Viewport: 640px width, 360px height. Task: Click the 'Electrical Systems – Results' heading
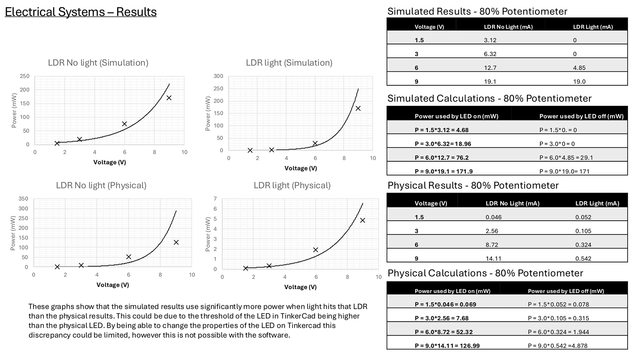coord(81,12)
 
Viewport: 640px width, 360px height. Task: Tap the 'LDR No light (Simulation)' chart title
coord(98,63)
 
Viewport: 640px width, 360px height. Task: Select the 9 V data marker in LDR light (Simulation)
coord(358,108)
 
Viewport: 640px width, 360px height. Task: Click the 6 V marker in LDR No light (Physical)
coord(129,257)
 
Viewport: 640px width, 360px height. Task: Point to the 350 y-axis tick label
coord(23,199)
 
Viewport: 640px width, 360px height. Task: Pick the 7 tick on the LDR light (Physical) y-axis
coord(215,199)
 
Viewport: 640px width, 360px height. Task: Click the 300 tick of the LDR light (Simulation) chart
coord(218,76)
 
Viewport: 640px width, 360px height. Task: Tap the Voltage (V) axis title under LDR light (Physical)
coord(300,287)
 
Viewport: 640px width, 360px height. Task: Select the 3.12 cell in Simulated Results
coord(490,40)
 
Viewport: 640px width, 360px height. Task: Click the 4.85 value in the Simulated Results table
coord(579,68)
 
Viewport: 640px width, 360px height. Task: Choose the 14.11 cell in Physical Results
coord(494,258)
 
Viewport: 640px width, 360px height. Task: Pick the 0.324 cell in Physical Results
coord(583,245)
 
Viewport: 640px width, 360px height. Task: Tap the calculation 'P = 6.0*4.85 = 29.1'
coord(566,158)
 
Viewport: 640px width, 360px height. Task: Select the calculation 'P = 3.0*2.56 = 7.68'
coord(442,318)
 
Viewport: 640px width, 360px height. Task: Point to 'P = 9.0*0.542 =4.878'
coord(558,346)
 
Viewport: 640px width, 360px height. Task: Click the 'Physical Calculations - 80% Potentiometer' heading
coord(485,273)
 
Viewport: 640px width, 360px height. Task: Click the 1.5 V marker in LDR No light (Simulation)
coord(57,143)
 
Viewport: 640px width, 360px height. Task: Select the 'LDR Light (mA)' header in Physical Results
coord(597,203)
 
